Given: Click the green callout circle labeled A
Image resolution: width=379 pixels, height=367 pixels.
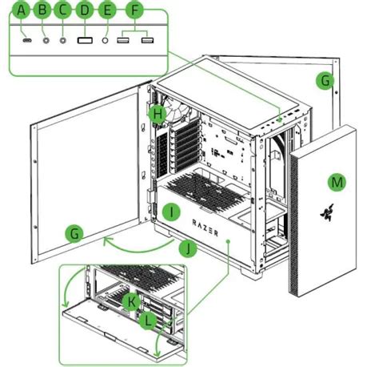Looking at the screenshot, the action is (21, 10).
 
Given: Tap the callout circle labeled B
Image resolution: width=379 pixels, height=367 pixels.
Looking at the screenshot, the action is (42, 10).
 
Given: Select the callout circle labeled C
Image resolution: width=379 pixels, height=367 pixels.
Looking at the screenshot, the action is (62, 10).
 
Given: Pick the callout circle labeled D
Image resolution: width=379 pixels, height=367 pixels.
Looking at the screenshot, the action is (85, 10).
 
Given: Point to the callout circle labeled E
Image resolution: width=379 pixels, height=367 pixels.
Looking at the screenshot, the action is (107, 10).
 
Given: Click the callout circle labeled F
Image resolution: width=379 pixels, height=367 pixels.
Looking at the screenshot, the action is (135, 10).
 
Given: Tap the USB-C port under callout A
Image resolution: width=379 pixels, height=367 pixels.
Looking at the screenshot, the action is (27, 40).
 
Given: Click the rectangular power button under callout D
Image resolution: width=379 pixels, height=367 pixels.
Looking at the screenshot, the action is (85, 40).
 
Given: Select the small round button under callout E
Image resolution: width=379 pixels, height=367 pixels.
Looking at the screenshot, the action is (106, 40).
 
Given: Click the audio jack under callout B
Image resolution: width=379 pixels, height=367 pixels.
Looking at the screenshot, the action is (46, 40).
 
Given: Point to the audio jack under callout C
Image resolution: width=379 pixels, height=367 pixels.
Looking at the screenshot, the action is (63, 40).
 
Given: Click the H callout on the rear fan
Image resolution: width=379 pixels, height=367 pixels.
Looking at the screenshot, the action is (158, 114).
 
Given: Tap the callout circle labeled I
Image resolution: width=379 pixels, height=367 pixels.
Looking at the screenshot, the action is (171, 212).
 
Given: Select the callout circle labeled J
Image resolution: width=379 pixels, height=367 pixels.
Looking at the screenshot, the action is (188, 248).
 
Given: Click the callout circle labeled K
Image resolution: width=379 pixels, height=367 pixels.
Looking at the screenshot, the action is (131, 301).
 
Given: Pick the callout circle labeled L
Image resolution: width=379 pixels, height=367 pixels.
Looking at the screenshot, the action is (148, 320).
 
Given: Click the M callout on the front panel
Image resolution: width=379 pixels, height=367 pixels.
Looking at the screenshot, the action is (337, 182).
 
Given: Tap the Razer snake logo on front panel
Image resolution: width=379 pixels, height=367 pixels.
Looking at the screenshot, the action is (327, 212).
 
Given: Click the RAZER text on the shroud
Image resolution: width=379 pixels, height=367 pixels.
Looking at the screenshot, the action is (205, 228).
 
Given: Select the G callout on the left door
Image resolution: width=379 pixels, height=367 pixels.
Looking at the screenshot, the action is (74, 233).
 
